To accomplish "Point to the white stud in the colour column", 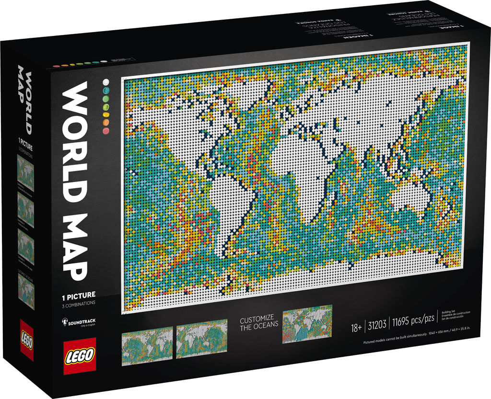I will coord(105,81).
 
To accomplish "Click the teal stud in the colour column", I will coord(105,90).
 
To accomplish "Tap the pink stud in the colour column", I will coord(105,130).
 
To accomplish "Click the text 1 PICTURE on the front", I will coord(78,295).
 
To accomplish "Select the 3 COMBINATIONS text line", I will coord(78,303).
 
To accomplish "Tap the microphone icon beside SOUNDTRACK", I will coord(64,321).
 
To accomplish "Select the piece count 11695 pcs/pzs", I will coord(410,328).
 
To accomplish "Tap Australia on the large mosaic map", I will coord(410,197).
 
